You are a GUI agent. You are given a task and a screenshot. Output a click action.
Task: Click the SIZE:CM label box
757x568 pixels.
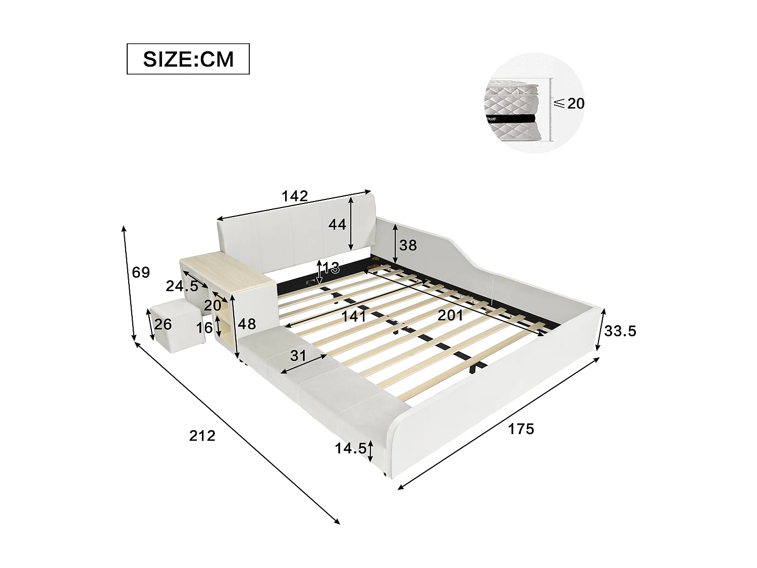[188, 59]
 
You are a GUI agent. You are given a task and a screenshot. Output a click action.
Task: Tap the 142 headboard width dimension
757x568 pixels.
[295, 196]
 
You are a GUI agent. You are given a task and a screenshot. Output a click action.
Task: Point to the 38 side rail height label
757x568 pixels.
[408, 245]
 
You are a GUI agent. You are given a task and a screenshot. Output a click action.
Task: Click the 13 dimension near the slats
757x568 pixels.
[331, 268]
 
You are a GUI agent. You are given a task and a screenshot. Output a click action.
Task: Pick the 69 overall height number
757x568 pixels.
[141, 273]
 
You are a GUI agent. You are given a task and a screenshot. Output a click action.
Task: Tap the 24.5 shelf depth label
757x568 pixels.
[182, 286]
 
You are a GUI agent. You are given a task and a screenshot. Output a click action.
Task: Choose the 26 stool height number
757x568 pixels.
[163, 324]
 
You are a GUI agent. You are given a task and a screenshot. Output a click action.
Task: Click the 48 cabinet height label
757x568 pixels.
[247, 324]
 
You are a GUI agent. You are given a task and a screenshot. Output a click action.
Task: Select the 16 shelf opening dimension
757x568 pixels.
[204, 328]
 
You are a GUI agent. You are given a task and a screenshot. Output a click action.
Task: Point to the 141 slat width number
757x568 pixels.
[353, 317]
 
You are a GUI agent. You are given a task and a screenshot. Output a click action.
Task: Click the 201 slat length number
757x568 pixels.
[450, 316]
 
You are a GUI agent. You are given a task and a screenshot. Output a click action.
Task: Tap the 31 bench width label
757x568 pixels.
[298, 355]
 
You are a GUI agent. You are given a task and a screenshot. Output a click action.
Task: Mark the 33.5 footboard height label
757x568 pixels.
[620, 331]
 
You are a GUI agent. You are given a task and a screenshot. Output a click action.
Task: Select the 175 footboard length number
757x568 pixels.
[521, 429]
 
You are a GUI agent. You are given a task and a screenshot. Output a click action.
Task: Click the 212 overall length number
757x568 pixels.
[202, 435]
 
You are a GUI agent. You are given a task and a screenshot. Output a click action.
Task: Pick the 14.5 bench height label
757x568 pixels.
[350, 448]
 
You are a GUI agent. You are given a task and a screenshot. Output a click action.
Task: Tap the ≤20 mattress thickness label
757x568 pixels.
[570, 104]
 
